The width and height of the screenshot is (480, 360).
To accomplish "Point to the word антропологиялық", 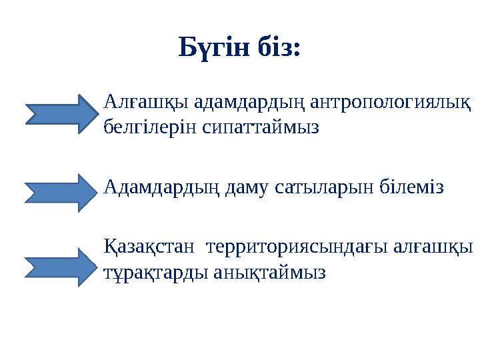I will [387, 103].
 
